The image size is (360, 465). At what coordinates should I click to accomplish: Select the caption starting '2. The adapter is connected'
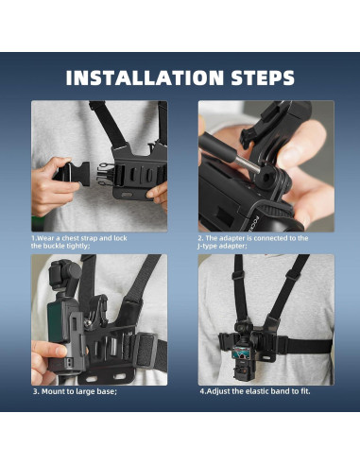click(x=252, y=238)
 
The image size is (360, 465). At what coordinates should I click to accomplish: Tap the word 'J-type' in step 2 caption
click(x=211, y=246)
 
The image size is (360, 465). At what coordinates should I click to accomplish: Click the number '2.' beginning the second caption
click(x=201, y=238)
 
